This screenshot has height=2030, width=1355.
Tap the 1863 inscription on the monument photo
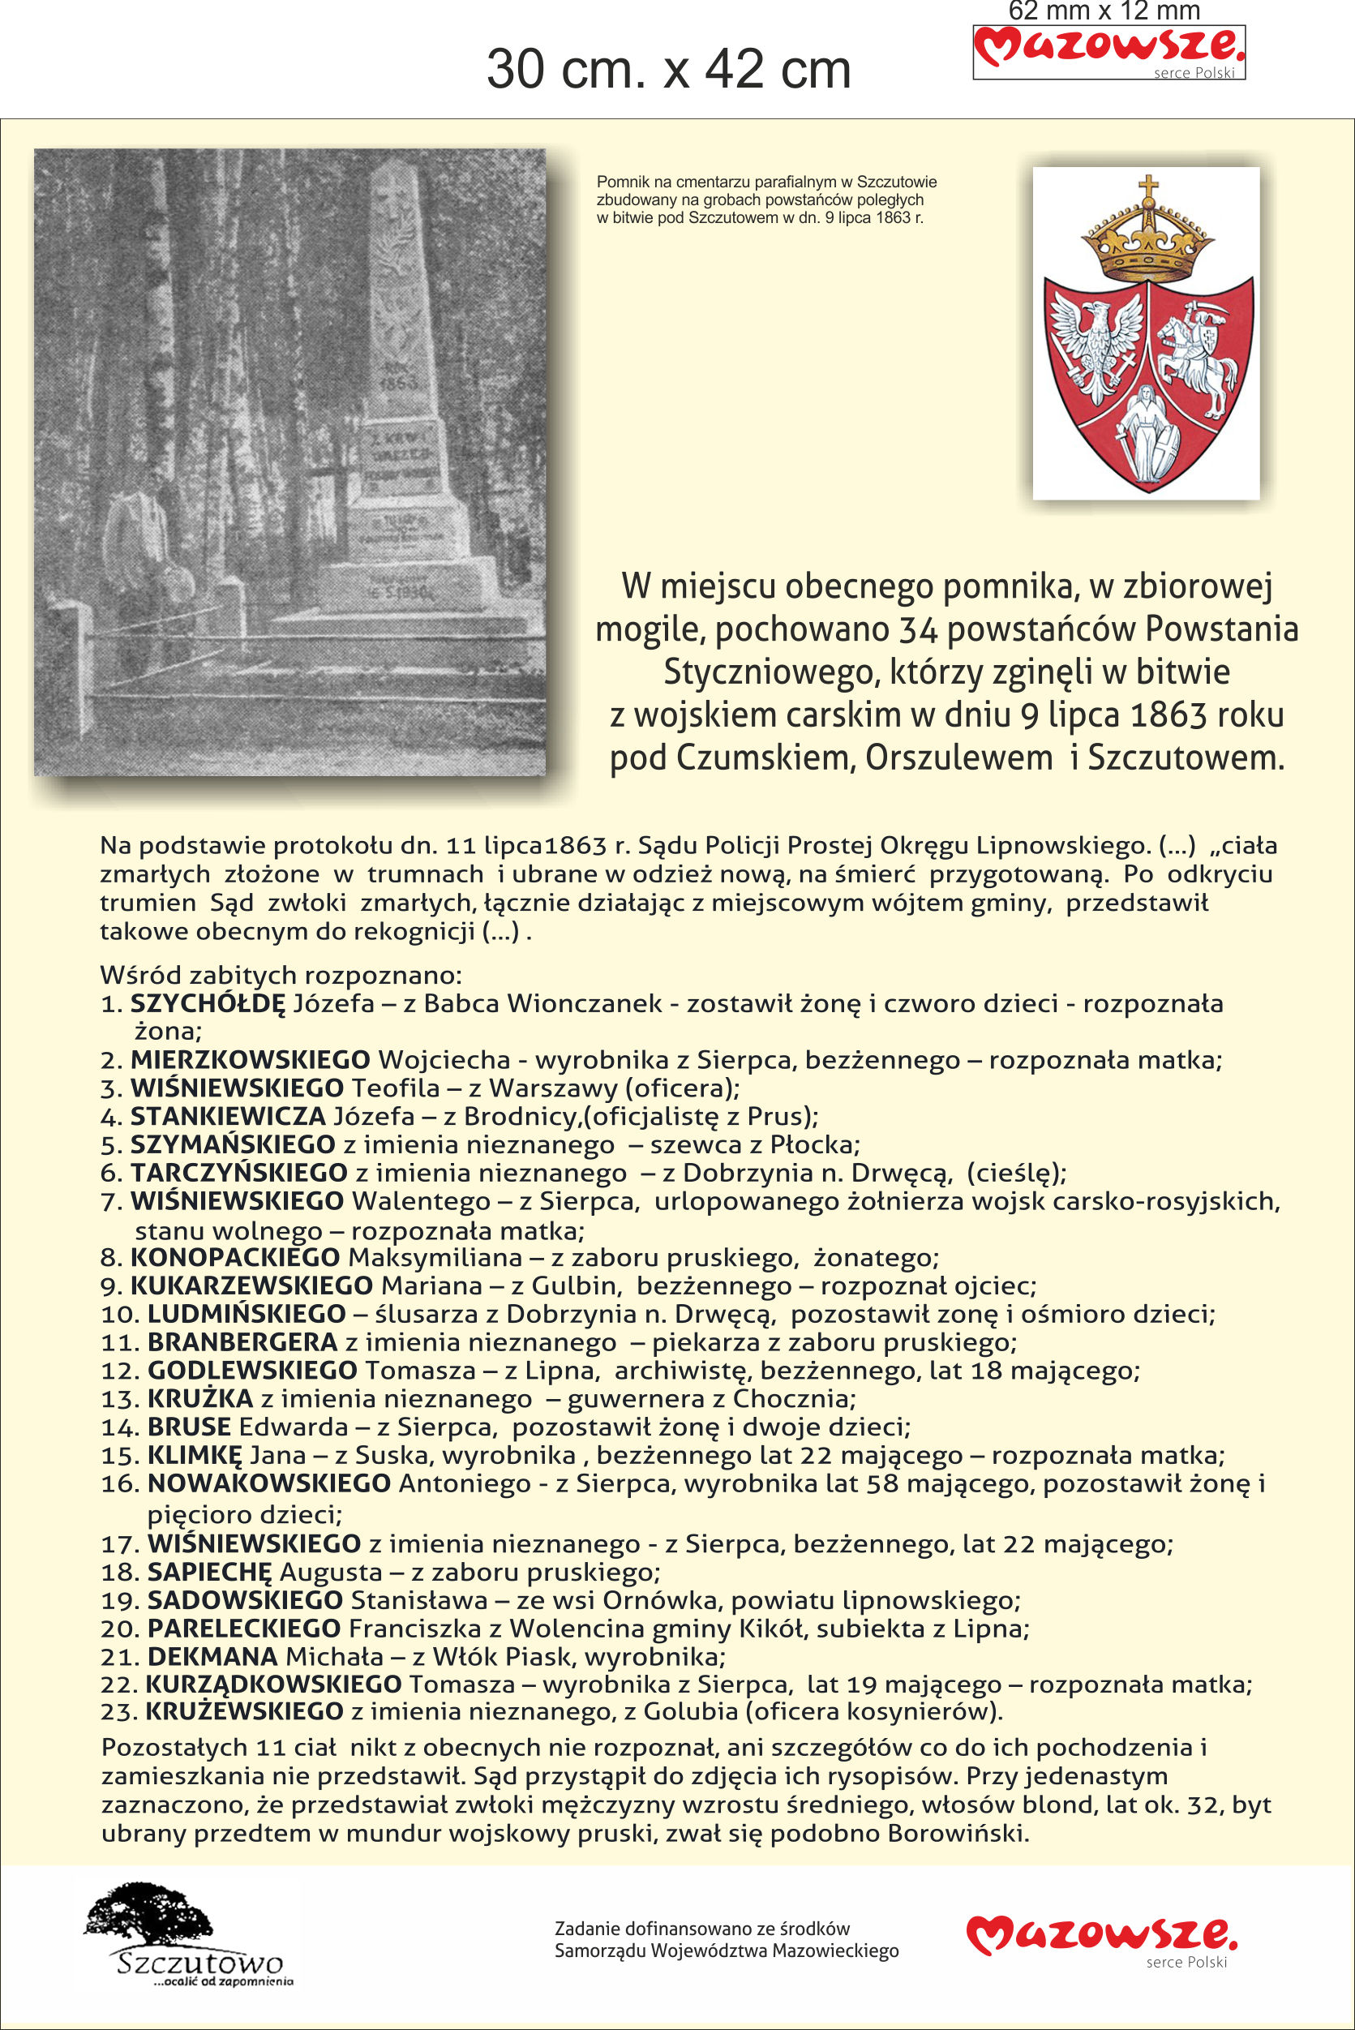point(398,380)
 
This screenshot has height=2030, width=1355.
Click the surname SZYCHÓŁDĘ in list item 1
point(208,1003)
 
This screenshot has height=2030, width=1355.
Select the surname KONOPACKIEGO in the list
point(234,1257)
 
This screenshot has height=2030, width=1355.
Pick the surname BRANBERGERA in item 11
point(242,1342)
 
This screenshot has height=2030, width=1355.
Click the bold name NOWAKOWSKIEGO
point(268,1483)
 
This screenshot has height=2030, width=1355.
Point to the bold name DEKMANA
point(212,1656)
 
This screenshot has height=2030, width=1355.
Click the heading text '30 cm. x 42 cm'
point(668,69)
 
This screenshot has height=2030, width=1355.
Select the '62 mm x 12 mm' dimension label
point(1104,11)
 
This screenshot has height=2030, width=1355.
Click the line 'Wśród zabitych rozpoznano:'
point(281,975)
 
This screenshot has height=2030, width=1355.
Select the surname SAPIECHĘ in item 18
point(209,1571)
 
